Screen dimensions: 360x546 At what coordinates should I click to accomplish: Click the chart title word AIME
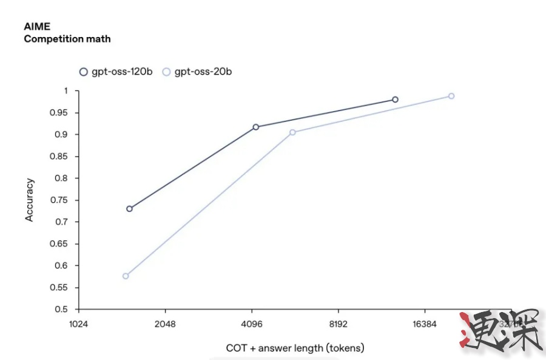pyautogui.click(x=37, y=27)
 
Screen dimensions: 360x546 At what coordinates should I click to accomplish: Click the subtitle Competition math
pyautogui.click(x=67, y=39)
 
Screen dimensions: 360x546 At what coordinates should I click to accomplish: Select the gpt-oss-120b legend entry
pyautogui.click(x=116, y=72)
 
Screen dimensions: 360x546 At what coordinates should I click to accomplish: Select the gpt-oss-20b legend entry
pyautogui.click(x=197, y=72)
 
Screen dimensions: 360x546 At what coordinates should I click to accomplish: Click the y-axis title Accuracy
pyautogui.click(x=29, y=200)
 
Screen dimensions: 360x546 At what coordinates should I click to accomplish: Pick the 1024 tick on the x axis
pyautogui.click(x=79, y=324)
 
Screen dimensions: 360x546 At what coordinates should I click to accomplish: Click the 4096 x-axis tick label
pyautogui.click(x=252, y=324)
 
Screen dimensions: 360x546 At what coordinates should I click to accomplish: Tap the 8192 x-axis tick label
pyautogui.click(x=338, y=324)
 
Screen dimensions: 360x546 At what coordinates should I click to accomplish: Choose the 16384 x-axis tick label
pyautogui.click(x=424, y=324)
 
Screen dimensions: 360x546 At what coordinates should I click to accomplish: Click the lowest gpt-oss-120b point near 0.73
pyautogui.click(x=129, y=209)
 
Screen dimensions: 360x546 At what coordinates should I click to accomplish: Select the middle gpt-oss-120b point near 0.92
pyautogui.click(x=256, y=127)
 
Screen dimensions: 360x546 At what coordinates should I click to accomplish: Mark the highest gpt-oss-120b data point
pyautogui.click(x=395, y=100)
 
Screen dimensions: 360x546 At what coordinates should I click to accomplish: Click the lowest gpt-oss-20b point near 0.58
pyautogui.click(x=126, y=276)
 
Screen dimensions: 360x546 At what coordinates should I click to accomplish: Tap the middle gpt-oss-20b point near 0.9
pyautogui.click(x=292, y=132)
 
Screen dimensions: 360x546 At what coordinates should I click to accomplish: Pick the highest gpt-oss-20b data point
pyautogui.click(x=451, y=96)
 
